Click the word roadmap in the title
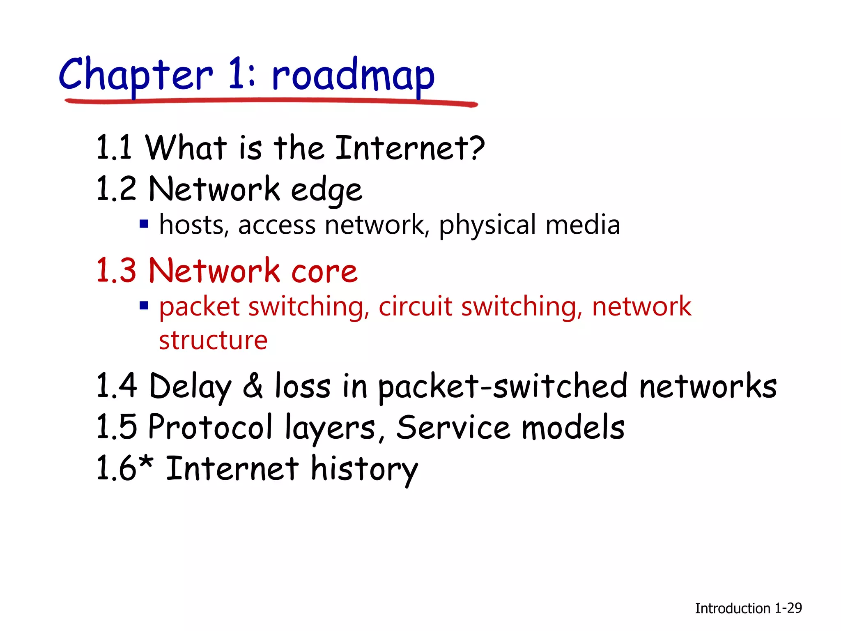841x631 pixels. [353, 76]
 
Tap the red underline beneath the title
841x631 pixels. [271, 101]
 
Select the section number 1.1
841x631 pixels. [114, 147]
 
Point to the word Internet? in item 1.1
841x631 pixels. [410, 147]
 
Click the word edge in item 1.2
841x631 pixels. [326, 190]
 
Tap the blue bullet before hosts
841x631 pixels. [144, 224]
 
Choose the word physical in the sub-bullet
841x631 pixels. [487, 225]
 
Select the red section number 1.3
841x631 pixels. [116, 271]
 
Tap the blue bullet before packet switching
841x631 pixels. [144, 306]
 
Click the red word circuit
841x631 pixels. [415, 306]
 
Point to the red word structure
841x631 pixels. [213, 340]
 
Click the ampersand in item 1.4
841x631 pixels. [253, 386]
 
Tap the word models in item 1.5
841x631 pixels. [573, 427]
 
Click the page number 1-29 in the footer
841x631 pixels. [788, 608]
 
